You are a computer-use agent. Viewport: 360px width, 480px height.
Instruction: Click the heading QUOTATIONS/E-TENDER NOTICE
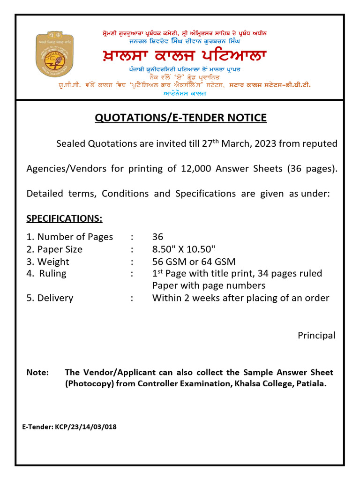[x=180, y=118]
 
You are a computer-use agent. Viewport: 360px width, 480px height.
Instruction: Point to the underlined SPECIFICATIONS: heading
[x=64, y=219]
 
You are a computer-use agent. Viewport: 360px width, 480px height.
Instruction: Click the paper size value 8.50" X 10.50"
[x=190, y=249]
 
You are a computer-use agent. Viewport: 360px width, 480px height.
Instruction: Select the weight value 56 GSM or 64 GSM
[x=194, y=262]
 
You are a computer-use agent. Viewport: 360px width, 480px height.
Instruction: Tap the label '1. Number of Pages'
[x=70, y=237]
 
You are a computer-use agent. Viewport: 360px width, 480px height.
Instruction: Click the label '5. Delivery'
[x=50, y=298]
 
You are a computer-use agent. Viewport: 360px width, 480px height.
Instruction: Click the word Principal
[x=316, y=336]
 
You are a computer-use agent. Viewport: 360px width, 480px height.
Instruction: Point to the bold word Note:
[x=37, y=373]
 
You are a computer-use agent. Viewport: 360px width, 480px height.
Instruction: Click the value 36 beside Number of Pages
[x=157, y=237]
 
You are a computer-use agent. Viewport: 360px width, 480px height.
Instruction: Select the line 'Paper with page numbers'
[x=209, y=286]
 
